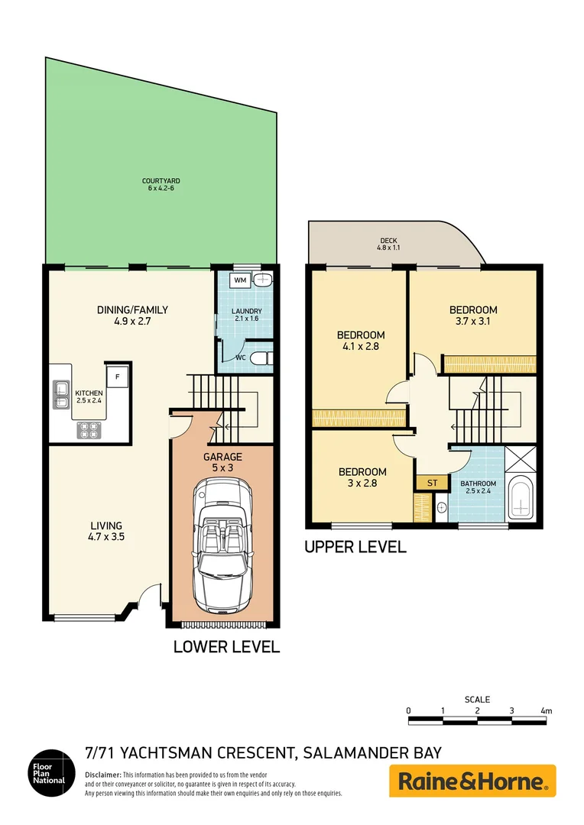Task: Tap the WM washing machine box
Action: [240, 280]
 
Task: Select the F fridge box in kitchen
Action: [117, 376]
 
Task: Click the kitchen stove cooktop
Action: [89, 430]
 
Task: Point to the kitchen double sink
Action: [60, 394]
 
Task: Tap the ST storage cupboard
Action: [432, 483]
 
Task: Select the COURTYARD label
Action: [161, 181]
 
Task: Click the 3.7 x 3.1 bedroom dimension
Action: [472, 322]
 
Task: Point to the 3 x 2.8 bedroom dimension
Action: [362, 484]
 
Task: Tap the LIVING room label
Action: [106, 526]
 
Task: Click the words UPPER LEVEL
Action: [355, 548]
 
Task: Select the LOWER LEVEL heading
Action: [226, 647]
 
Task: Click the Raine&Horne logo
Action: [472, 781]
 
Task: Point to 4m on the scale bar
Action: [545, 710]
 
